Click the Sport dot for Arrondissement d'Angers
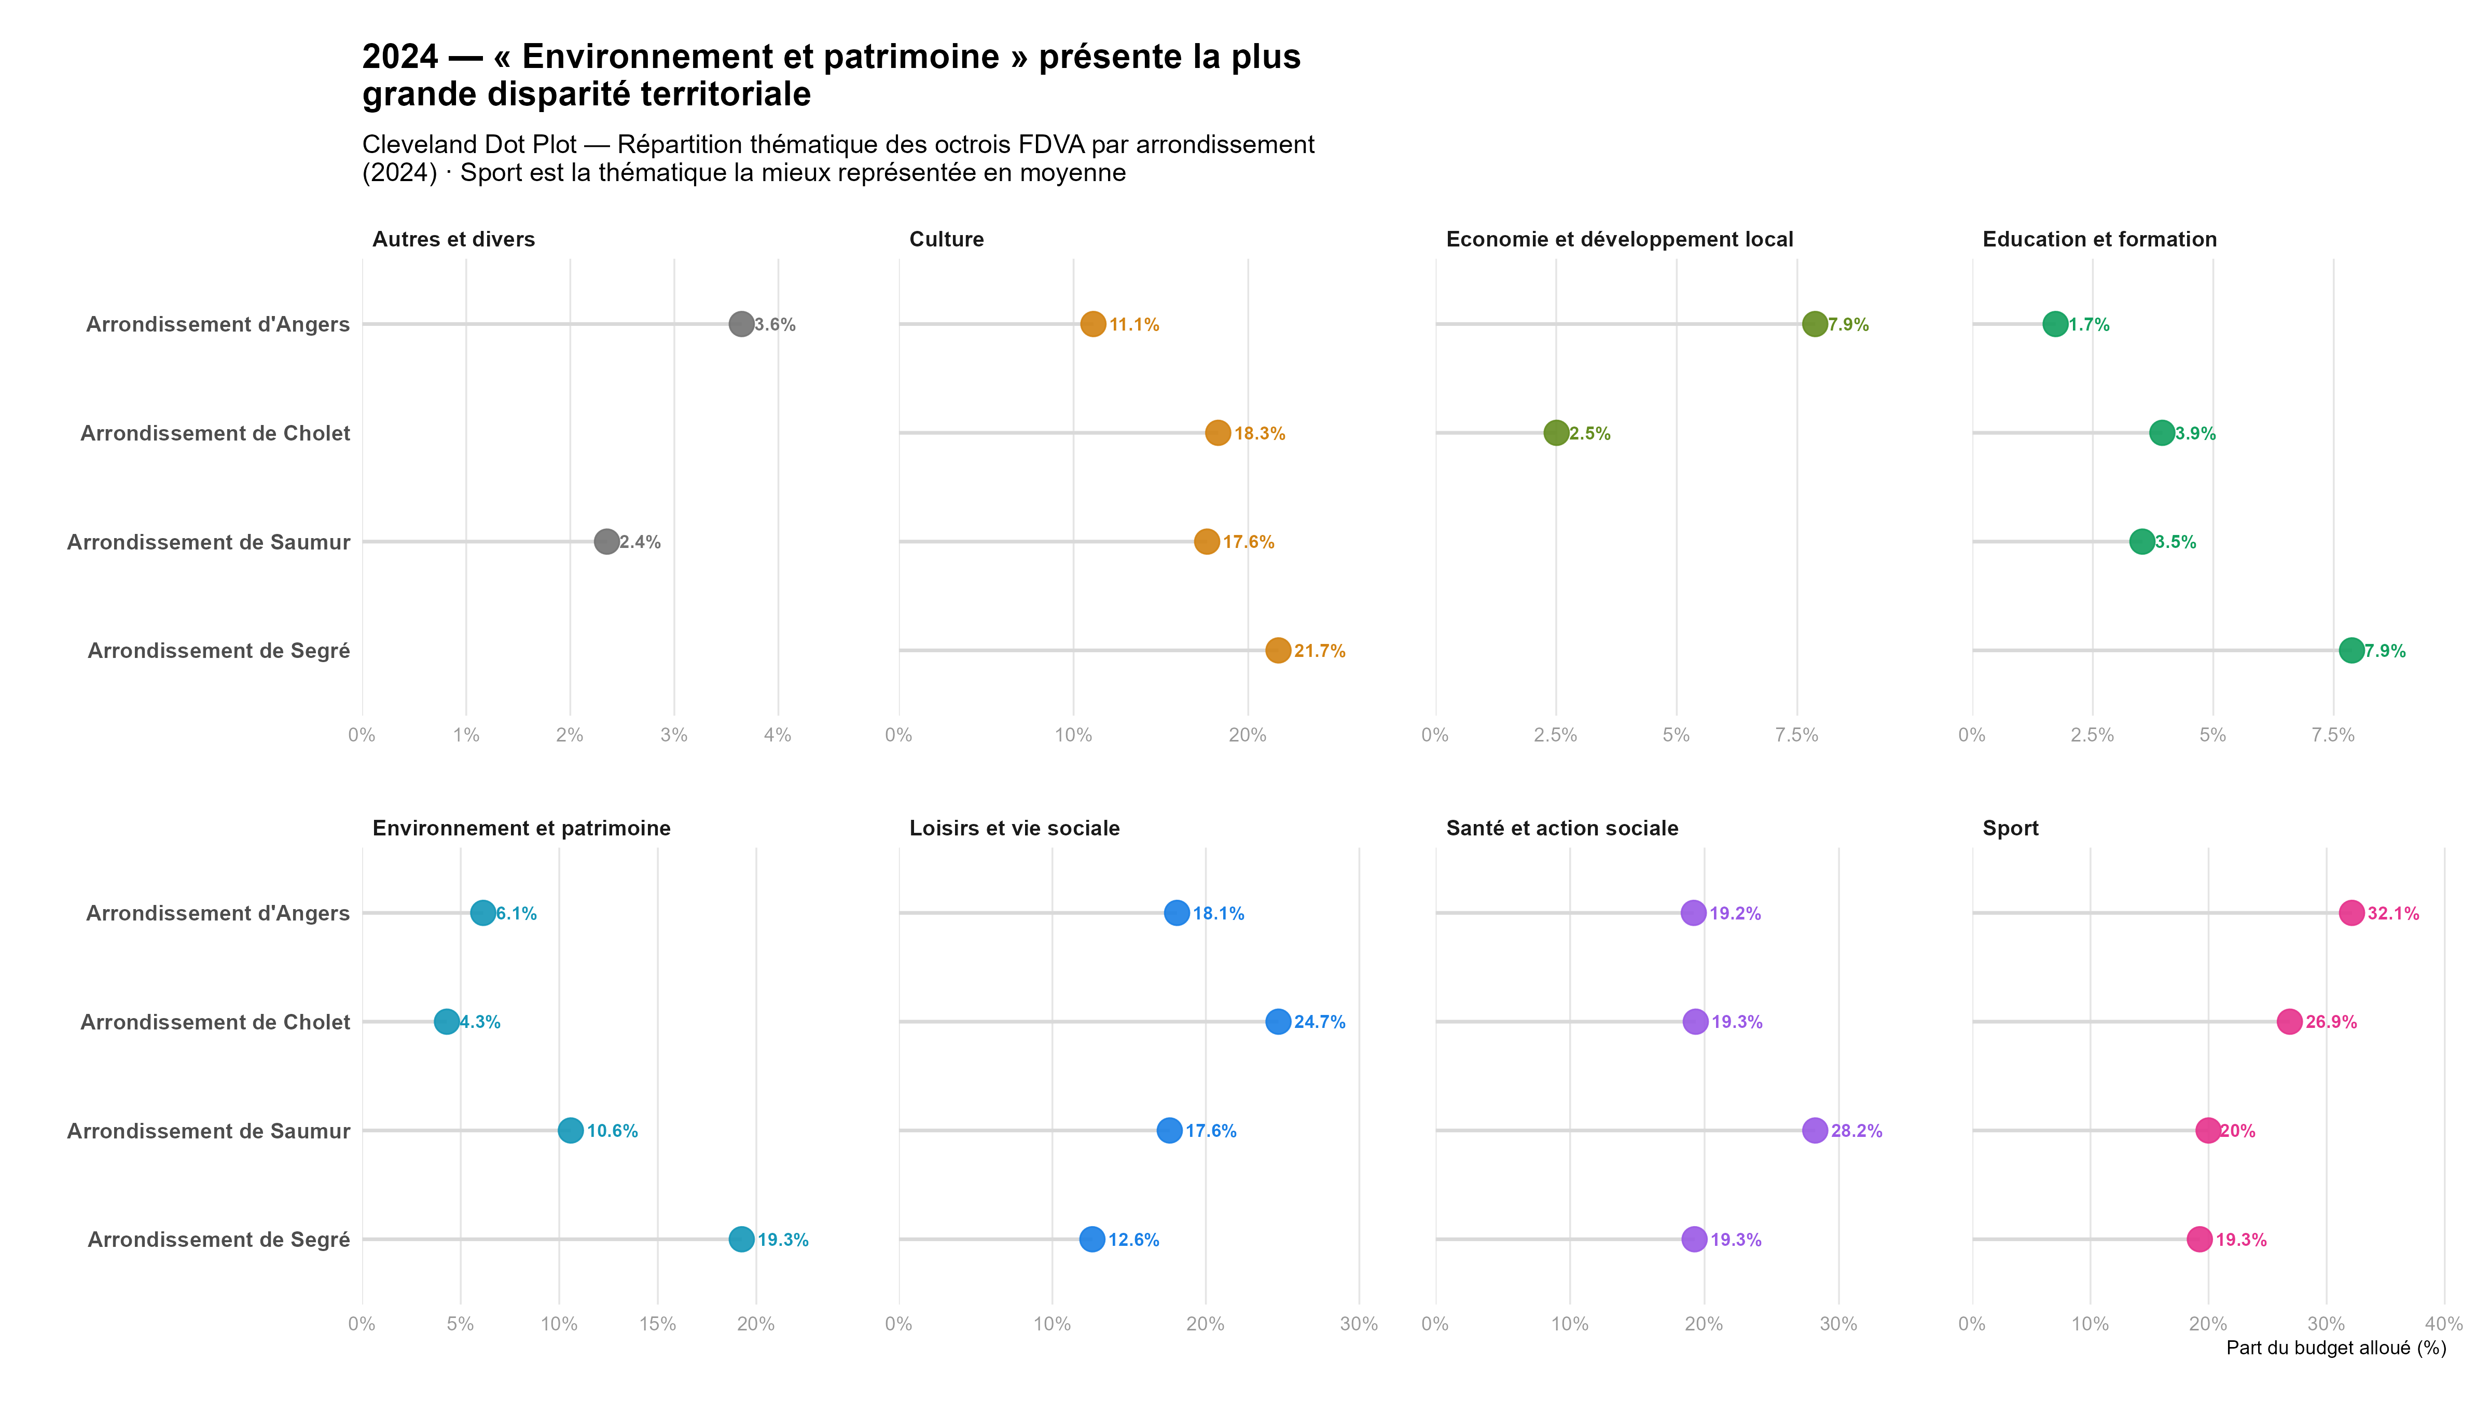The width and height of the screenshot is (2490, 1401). (2351, 913)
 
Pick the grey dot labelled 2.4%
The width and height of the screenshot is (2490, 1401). (606, 541)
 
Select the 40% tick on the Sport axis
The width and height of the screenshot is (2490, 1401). (2444, 1324)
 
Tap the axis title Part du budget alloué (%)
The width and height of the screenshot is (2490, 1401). (2335, 1348)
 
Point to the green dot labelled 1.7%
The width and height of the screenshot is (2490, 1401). (2055, 324)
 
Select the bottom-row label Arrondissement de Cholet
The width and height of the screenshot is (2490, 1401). (215, 1022)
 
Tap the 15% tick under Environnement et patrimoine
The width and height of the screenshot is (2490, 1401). (657, 1324)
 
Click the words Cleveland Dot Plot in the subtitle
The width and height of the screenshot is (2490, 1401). (469, 145)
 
